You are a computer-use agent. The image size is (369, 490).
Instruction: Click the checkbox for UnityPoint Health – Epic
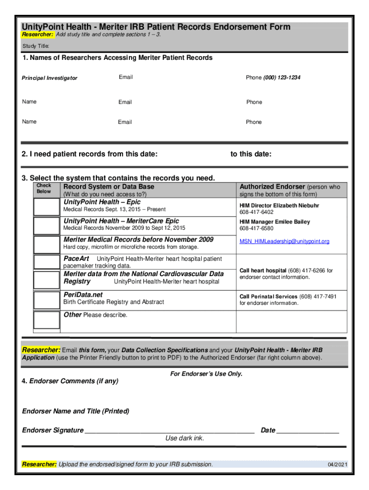(x=46, y=206)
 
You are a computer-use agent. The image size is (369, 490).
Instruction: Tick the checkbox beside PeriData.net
(x=46, y=299)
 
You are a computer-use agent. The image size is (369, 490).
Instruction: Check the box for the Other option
(x=46, y=320)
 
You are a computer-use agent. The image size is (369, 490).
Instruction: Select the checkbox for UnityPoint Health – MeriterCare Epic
(x=46, y=224)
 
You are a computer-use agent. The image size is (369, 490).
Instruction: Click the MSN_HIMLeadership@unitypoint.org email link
(x=284, y=241)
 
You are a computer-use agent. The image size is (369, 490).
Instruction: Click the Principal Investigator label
(x=49, y=78)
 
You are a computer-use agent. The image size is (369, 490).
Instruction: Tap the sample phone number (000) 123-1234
(x=282, y=78)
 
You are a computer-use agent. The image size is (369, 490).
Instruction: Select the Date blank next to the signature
(x=308, y=430)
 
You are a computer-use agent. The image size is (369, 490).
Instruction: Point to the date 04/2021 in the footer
(x=337, y=465)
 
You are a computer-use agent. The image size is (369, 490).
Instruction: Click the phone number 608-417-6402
(x=256, y=212)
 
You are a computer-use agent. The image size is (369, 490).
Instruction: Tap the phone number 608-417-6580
(x=256, y=228)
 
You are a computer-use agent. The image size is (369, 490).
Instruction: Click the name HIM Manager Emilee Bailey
(x=275, y=222)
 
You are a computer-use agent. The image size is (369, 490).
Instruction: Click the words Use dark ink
(x=184, y=438)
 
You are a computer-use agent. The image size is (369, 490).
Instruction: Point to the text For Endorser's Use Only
(x=206, y=374)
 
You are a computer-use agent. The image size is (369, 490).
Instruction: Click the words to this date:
(x=251, y=154)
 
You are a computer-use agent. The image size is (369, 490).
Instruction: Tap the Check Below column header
(x=44, y=189)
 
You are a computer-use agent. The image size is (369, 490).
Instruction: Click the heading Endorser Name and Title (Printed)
(x=76, y=411)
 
